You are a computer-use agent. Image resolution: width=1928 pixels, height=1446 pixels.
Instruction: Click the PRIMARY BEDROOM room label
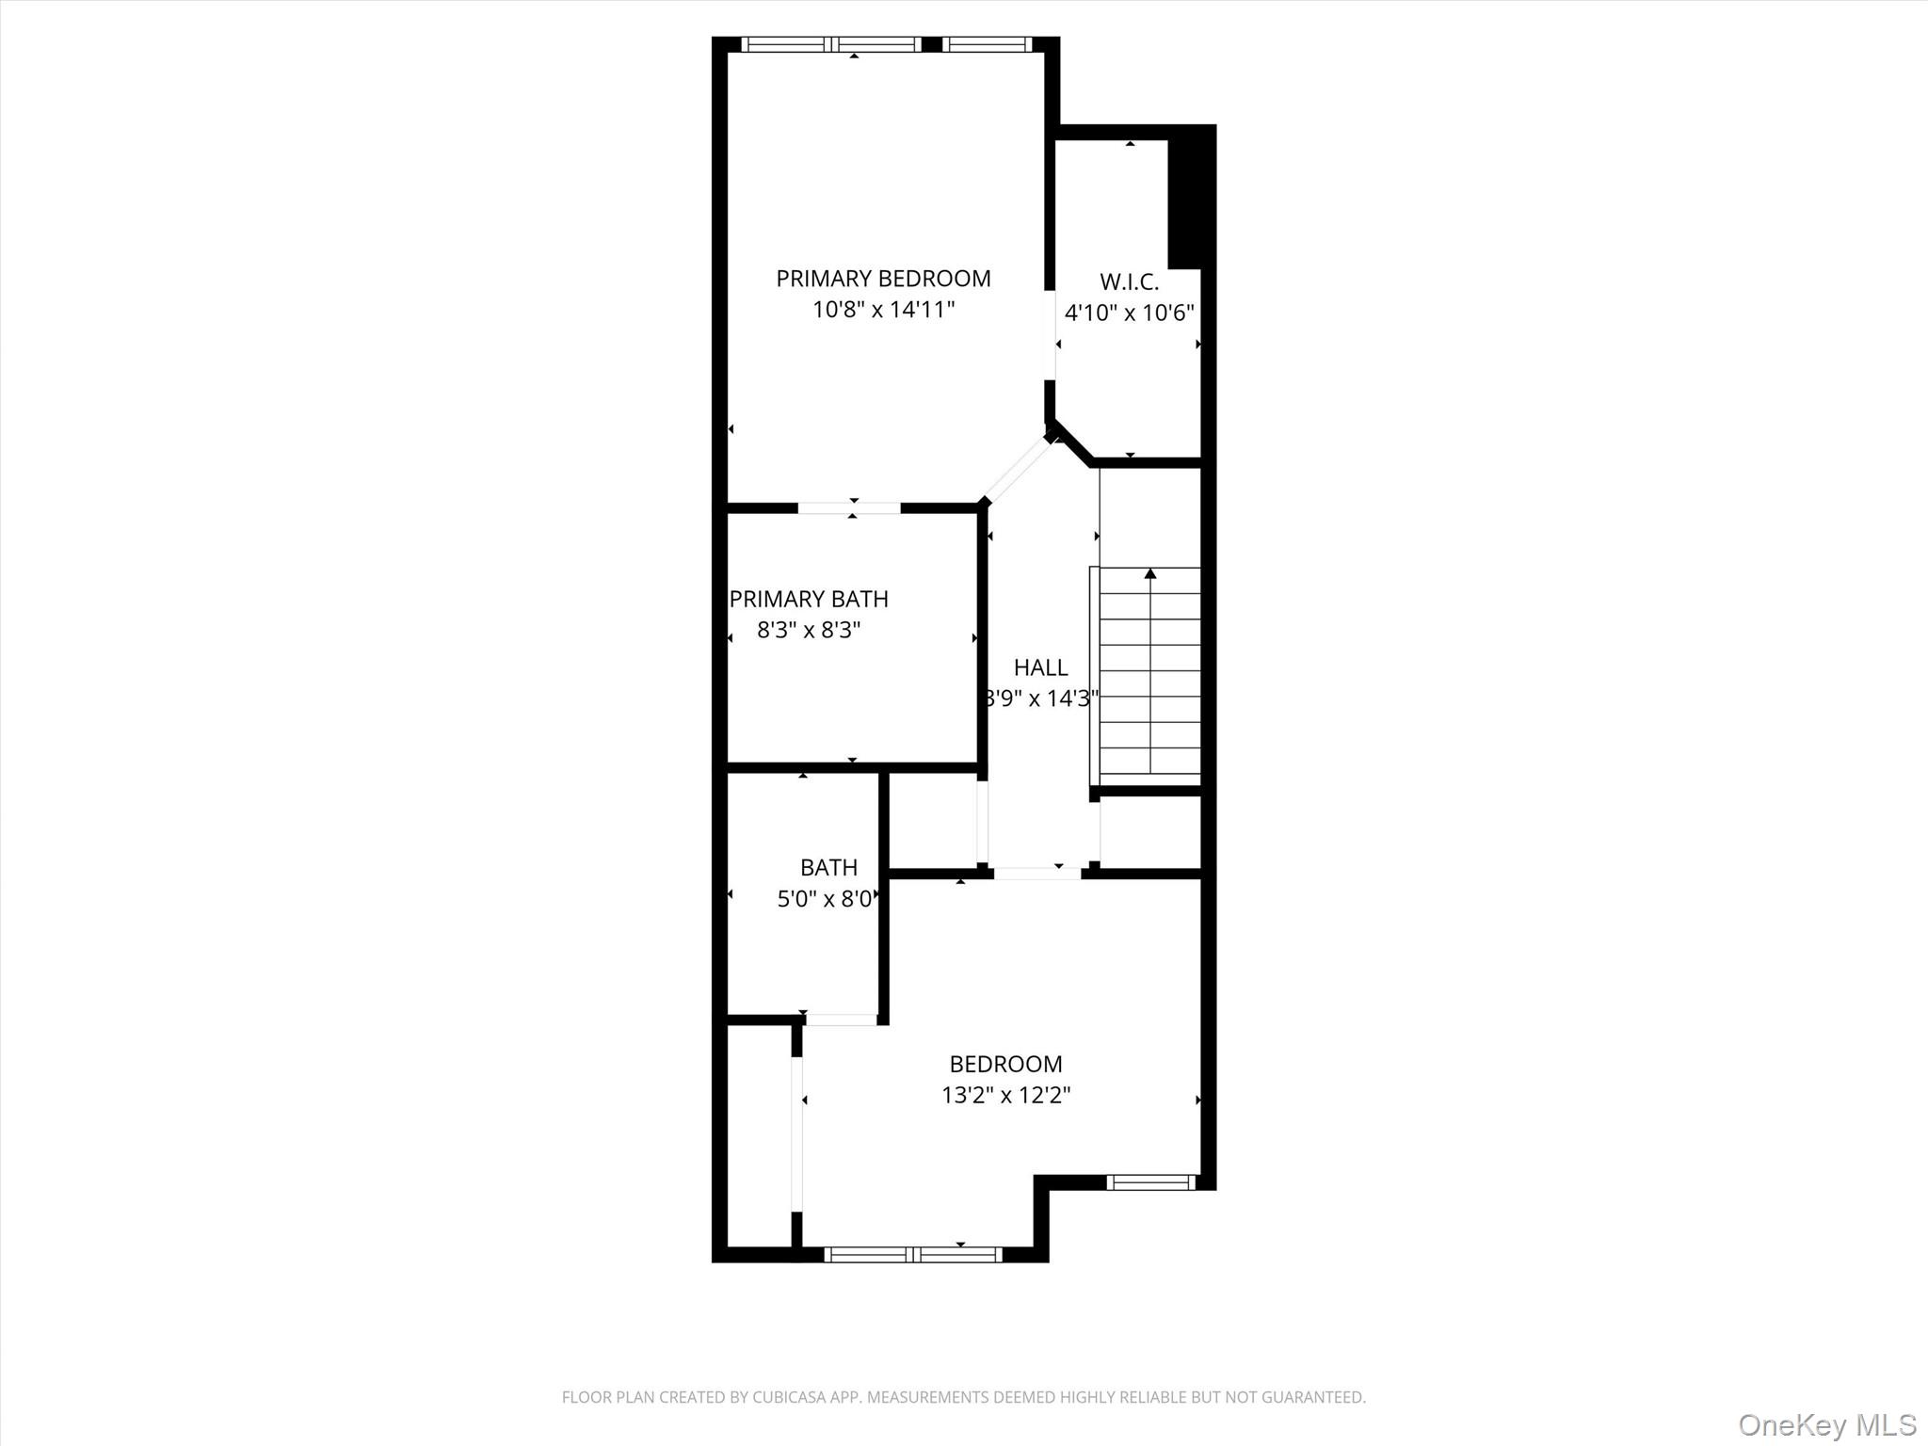pyautogui.click(x=883, y=279)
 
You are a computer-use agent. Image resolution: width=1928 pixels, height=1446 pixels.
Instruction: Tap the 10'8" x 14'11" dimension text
pyautogui.click(x=883, y=310)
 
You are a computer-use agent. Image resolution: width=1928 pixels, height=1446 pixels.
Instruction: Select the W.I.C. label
pyautogui.click(x=1129, y=281)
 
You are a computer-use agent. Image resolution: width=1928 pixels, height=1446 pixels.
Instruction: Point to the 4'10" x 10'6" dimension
pyautogui.click(x=1129, y=313)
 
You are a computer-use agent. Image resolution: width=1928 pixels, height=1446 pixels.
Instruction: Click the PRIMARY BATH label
pyautogui.click(x=809, y=599)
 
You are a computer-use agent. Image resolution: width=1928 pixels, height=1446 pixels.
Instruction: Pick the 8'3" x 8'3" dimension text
pyautogui.click(x=809, y=630)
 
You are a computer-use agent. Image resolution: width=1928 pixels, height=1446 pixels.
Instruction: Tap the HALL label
pyautogui.click(x=1040, y=667)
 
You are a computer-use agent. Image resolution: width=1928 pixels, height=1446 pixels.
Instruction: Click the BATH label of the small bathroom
pyautogui.click(x=828, y=867)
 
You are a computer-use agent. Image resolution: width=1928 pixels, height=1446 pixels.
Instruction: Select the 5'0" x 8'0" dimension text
pyautogui.click(x=825, y=899)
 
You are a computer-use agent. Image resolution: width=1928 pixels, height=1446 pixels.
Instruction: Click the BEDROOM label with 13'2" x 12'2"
pyautogui.click(x=1005, y=1064)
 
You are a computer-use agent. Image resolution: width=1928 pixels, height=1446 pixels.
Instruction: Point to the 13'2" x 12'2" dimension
pyautogui.click(x=1005, y=1095)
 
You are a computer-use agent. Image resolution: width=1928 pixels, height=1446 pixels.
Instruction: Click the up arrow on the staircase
pyautogui.click(x=1149, y=573)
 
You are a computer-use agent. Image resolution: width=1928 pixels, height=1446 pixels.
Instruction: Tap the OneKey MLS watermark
pyautogui.click(x=1826, y=1424)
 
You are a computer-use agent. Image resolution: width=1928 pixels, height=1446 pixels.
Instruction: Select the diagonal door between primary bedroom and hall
pyautogui.click(x=1017, y=470)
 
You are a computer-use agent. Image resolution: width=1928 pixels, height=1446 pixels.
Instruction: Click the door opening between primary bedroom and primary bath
pyautogui.click(x=849, y=508)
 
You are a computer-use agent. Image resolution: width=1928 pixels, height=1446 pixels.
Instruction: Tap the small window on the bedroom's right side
pyautogui.click(x=1150, y=1182)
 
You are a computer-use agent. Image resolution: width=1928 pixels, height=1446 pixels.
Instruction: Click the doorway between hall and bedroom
pyautogui.click(x=1037, y=874)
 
